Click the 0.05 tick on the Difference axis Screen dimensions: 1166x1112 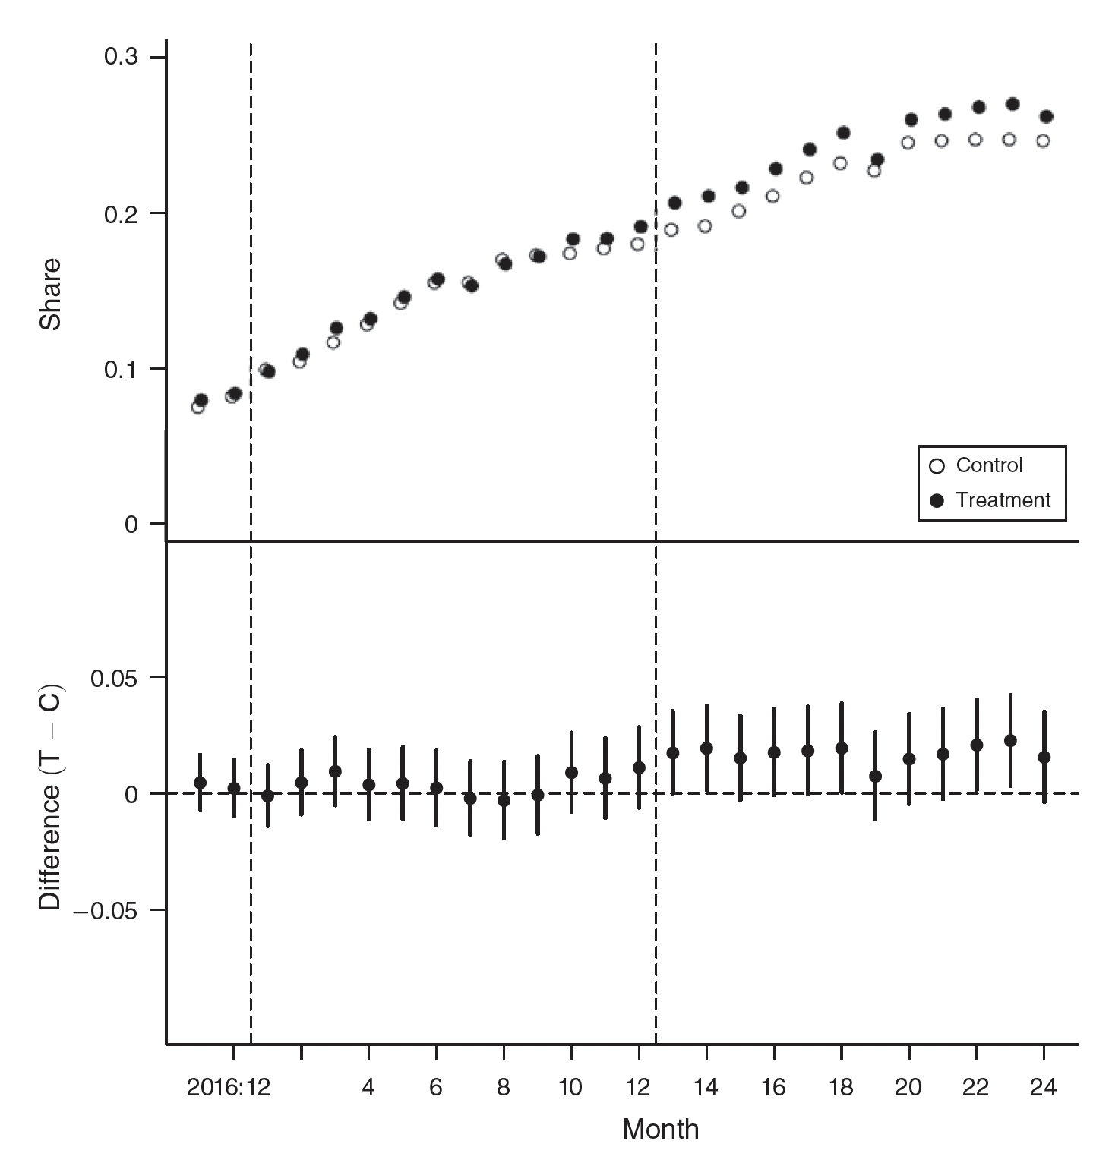coord(114,677)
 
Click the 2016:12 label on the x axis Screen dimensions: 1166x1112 coord(229,1088)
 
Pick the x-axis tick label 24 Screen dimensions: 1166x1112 coord(1043,1088)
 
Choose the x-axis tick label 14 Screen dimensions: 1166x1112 coord(706,1088)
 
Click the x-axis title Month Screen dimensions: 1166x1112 coord(660,1130)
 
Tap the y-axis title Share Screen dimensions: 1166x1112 coord(51,295)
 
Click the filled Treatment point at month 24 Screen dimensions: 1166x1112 coord(1046,116)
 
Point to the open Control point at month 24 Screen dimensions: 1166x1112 coord(1043,140)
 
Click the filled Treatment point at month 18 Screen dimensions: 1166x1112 coord(843,133)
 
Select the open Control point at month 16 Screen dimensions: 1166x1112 coord(772,196)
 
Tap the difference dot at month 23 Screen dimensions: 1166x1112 coord(1010,740)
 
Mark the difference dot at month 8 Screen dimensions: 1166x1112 coord(504,800)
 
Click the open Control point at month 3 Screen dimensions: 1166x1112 coord(333,342)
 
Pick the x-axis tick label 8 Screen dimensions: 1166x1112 coord(504,1088)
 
